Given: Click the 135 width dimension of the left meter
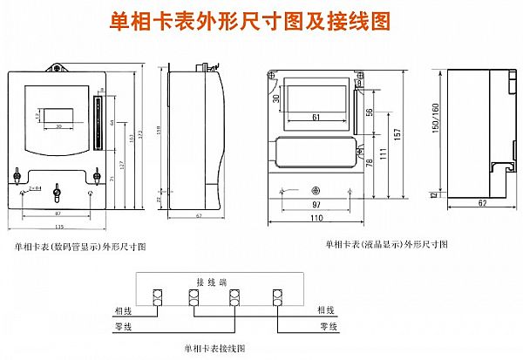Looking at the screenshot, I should [x=59, y=228].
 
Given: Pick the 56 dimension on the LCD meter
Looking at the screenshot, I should [x=370, y=112].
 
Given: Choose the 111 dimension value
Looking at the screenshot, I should [x=382, y=153].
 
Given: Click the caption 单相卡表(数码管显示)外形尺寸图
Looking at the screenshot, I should [x=80, y=248].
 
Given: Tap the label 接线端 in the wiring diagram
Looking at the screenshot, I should [x=212, y=282].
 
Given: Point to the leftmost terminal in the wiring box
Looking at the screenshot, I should [x=158, y=298].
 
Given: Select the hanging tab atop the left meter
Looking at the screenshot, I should [x=58, y=67].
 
